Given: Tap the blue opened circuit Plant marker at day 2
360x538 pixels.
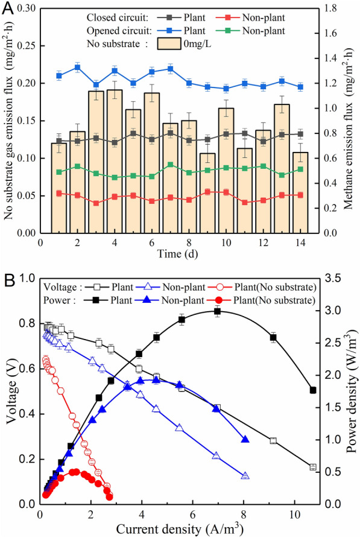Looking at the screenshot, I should [x=78, y=68].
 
